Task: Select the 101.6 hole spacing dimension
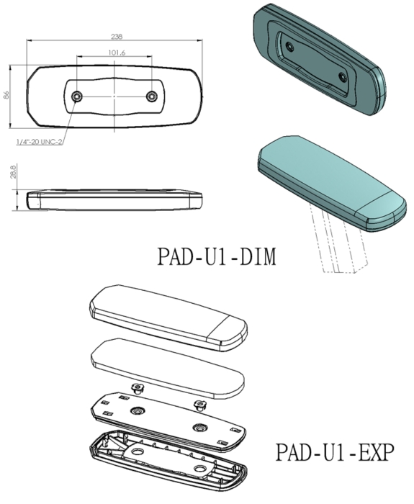[x=115, y=53]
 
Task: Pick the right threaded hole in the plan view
[x=151, y=96]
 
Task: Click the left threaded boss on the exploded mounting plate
[x=135, y=412]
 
